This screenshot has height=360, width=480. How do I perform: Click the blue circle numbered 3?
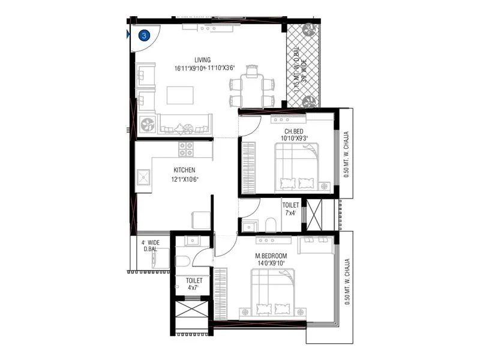[145, 35]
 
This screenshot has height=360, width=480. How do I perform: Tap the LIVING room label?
[202, 59]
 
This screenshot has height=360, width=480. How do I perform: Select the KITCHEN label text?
[184, 170]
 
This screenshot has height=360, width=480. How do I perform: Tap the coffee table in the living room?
[180, 95]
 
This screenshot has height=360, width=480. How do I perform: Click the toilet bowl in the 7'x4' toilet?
[271, 226]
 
